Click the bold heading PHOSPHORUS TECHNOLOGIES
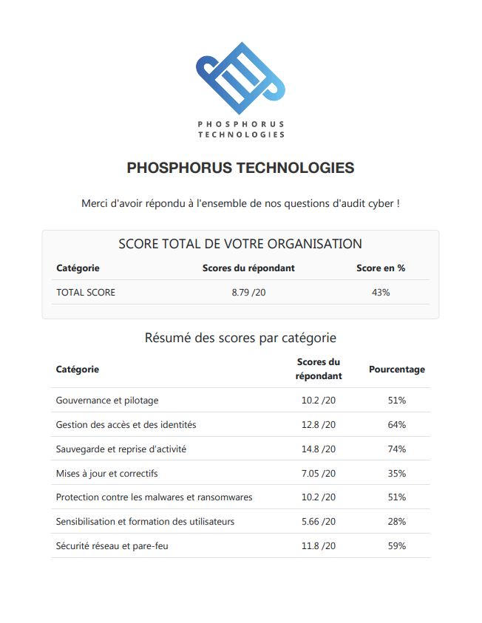click(240, 168)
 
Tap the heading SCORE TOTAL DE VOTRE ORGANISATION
click(240, 244)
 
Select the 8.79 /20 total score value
click(248, 292)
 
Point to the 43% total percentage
click(381, 292)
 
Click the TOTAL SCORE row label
click(86, 292)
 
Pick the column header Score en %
click(381, 268)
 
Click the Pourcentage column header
click(397, 369)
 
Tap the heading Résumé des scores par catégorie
click(240, 338)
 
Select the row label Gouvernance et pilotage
click(107, 401)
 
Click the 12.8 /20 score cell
click(319, 425)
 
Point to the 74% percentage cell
click(397, 449)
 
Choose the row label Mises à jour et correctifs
click(106, 473)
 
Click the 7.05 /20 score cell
click(319, 473)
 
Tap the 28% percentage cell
click(397, 522)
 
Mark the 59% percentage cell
click(397, 546)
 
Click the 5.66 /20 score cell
click(319, 522)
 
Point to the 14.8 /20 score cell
click(319, 449)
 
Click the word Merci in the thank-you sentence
click(95, 203)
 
